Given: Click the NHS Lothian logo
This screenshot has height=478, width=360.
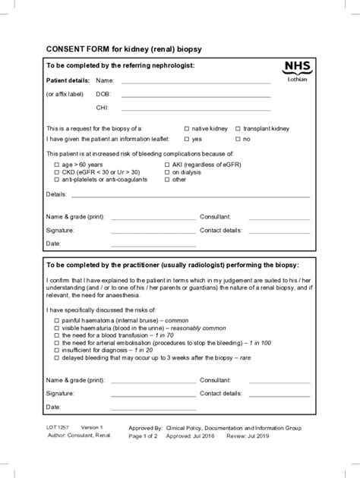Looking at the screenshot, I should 297,71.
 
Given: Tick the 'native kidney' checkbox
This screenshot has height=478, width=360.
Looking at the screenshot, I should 187,129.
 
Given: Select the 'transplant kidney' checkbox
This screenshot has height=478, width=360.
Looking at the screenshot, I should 238,129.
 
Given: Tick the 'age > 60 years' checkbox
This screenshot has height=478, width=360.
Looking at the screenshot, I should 55,165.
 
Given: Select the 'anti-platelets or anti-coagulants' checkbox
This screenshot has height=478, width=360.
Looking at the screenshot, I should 55,180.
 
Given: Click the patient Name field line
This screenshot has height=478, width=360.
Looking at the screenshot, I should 196,80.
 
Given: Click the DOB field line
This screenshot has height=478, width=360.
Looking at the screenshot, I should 196,95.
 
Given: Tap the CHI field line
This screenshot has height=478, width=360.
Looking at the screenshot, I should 196,108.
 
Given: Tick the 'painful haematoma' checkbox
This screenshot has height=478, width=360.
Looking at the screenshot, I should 55,321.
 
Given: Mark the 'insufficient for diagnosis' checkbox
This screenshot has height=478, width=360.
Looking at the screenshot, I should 55,351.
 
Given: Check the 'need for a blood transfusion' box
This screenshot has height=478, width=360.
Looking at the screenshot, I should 55,335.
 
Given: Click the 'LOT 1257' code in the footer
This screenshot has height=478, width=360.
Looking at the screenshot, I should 58,428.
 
